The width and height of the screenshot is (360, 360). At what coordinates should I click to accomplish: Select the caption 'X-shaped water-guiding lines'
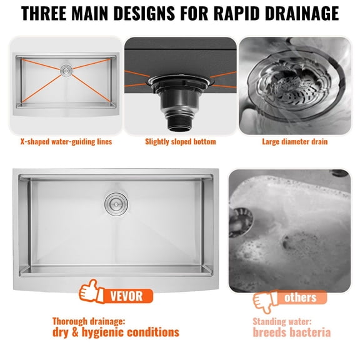(x=66, y=142)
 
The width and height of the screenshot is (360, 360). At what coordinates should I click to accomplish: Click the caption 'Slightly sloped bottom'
(x=181, y=142)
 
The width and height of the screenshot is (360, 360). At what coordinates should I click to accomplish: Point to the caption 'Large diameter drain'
(x=295, y=142)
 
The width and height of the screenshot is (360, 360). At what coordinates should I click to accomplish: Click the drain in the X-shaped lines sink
(x=66, y=72)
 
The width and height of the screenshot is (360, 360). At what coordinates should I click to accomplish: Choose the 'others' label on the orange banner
(x=300, y=297)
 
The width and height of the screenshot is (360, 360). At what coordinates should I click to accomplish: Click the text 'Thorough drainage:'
(x=89, y=321)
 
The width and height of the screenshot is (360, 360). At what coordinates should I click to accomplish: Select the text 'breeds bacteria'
(x=291, y=333)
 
